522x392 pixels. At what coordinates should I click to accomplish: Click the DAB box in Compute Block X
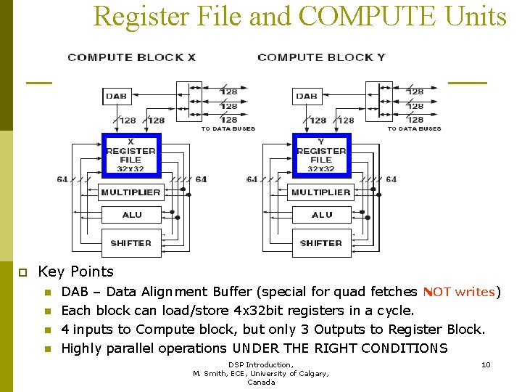pyautogui.click(x=116, y=96)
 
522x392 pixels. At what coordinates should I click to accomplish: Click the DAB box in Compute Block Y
pyautogui.click(x=307, y=96)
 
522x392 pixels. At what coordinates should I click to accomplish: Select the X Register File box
pyautogui.click(x=130, y=155)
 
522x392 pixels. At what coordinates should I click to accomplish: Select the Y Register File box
pyautogui.click(x=321, y=155)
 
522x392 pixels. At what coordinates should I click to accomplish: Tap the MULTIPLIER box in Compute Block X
pyautogui.click(x=130, y=192)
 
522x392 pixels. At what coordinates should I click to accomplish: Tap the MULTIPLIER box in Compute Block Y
pyautogui.click(x=321, y=192)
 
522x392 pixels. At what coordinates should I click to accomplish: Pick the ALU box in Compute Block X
pyautogui.click(x=131, y=214)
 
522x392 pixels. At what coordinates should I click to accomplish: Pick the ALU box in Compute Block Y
pyautogui.click(x=322, y=214)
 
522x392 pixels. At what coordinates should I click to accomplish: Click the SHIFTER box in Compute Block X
pyautogui.click(x=131, y=243)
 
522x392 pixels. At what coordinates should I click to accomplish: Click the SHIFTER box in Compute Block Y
pyautogui.click(x=321, y=243)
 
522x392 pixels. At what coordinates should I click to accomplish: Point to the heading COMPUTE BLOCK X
pyautogui.click(x=131, y=57)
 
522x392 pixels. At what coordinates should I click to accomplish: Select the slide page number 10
pyautogui.click(x=486, y=364)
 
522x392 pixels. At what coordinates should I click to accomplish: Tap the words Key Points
pyautogui.click(x=75, y=271)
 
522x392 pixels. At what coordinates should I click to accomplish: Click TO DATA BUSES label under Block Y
pyautogui.click(x=414, y=129)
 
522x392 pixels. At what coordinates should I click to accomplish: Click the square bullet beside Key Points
pyautogui.click(x=22, y=272)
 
